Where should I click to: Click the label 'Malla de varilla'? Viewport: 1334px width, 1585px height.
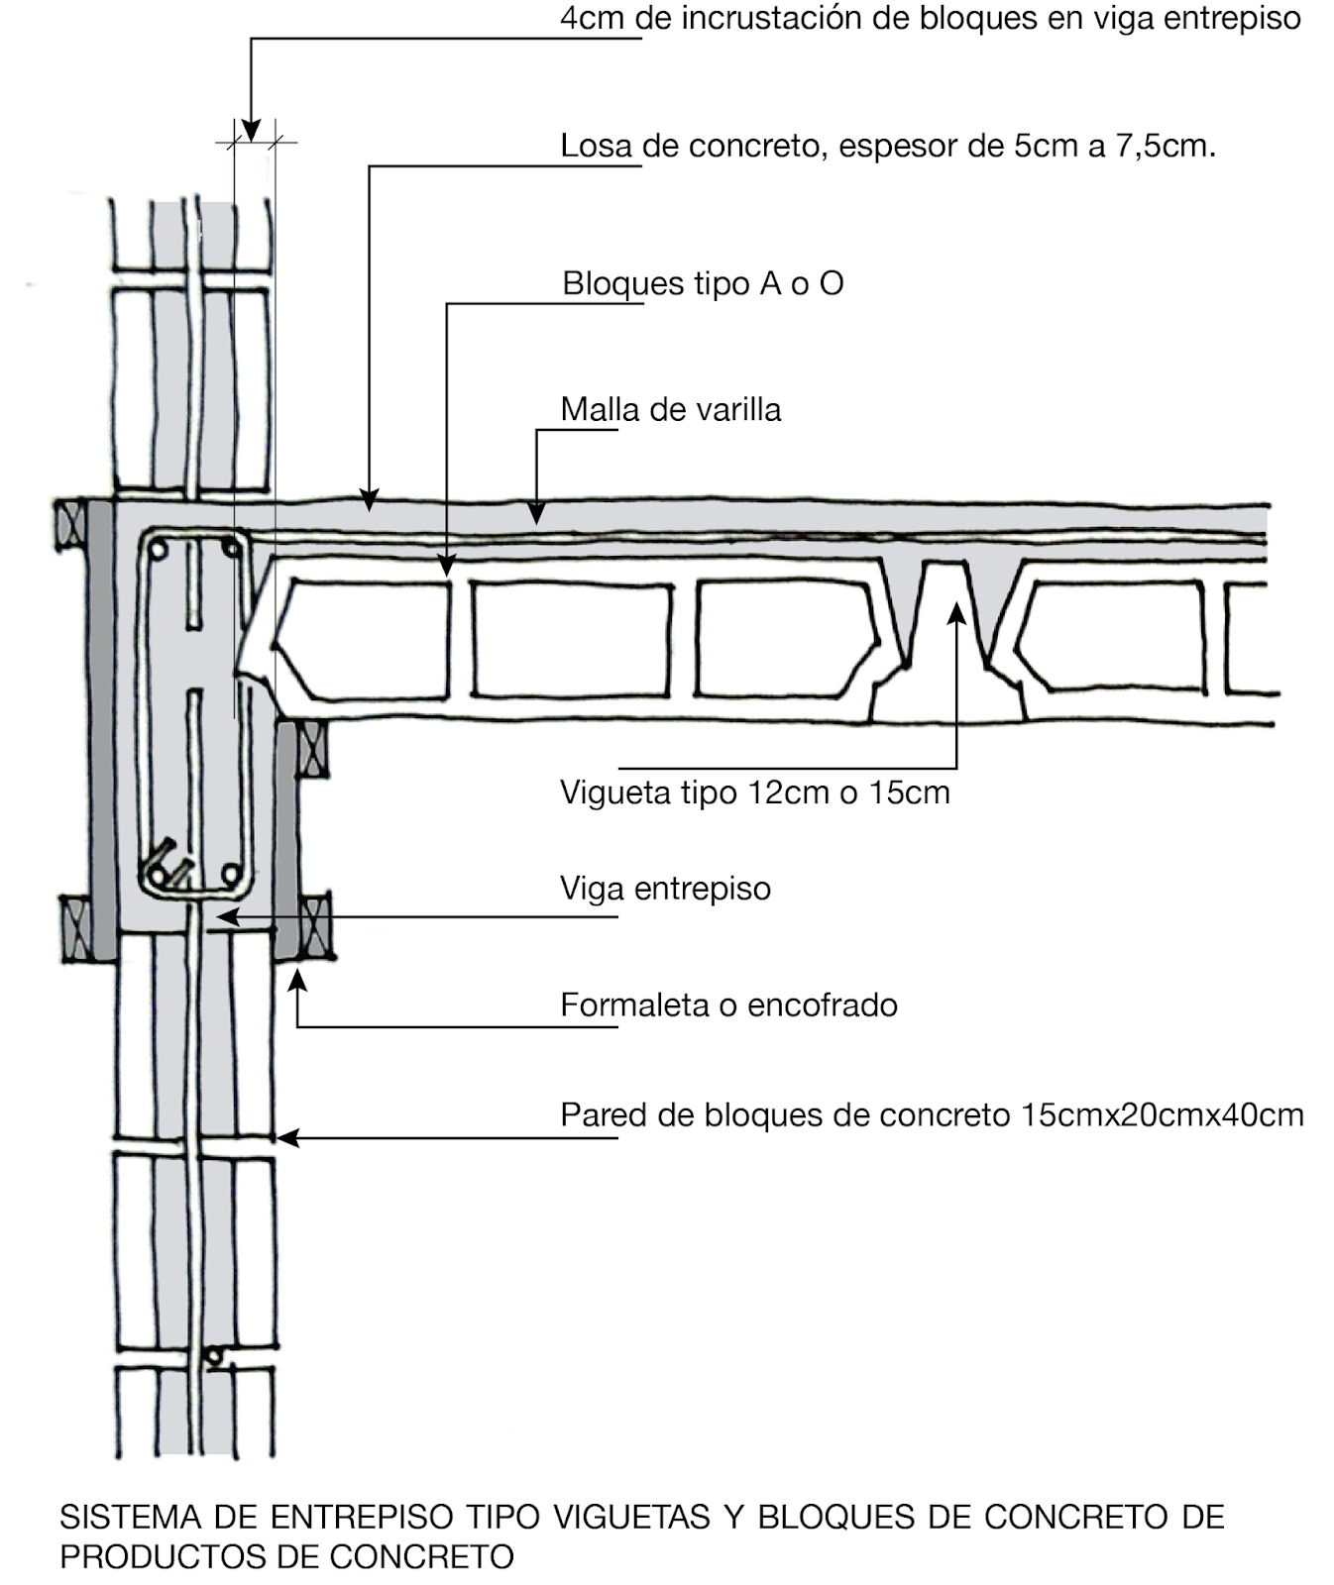click(670, 410)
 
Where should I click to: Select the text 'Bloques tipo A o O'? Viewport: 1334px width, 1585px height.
click(702, 284)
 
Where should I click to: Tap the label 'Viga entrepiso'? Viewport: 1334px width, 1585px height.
click(665, 889)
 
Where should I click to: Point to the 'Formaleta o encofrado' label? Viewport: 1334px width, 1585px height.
click(728, 1005)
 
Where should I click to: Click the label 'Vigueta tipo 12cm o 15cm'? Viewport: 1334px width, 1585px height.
click(754, 793)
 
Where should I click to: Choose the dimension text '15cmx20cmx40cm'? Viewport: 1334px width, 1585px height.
click(1162, 1115)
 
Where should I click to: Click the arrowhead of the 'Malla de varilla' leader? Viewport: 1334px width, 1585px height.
click(536, 512)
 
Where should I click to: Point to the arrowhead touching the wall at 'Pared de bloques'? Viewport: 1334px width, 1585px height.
click(286, 1138)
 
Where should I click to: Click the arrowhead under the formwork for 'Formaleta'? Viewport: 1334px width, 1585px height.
click(296, 981)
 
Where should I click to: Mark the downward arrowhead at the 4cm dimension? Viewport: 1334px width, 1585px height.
click(251, 131)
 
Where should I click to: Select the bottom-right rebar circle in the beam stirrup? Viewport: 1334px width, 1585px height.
click(231, 874)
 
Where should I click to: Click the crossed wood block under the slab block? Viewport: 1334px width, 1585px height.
click(313, 749)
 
